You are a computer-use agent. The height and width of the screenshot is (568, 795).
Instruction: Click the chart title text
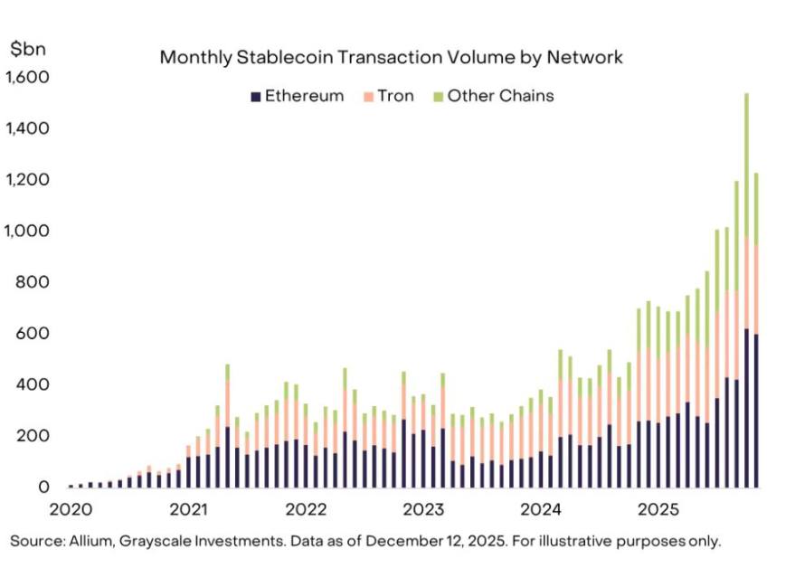(x=391, y=57)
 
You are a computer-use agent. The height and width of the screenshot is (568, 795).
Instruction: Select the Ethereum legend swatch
(x=256, y=96)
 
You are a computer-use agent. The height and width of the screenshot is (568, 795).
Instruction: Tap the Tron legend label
(x=395, y=96)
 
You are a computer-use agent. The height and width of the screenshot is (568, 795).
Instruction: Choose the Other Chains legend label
(x=500, y=96)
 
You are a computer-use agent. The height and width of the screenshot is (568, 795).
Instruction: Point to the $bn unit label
(x=22, y=50)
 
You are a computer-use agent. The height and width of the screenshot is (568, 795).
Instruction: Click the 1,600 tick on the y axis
(x=27, y=78)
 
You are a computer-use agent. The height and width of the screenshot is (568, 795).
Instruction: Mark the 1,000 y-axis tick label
(x=27, y=232)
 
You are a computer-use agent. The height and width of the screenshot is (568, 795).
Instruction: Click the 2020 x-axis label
(x=71, y=509)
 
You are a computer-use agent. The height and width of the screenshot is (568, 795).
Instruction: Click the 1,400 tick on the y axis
(x=27, y=129)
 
